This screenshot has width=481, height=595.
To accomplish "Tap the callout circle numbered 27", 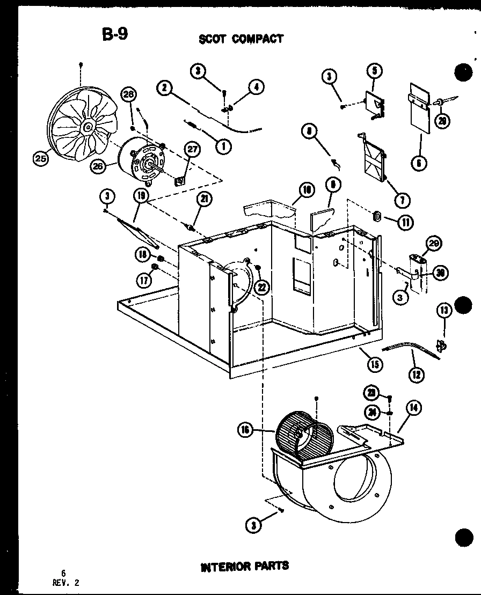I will pyautogui.click(x=192, y=150).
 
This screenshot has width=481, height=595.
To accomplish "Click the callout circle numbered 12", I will pyautogui.click(x=415, y=374).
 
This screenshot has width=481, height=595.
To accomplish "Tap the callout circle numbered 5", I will pyautogui.click(x=374, y=71).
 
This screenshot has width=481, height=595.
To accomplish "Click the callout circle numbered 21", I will pyautogui.click(x=203, y=200).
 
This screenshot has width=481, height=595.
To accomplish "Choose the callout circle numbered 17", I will pyautogui.click(x=142, y=279).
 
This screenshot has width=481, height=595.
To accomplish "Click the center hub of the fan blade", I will pyautogui.click(x=87, y=127).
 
